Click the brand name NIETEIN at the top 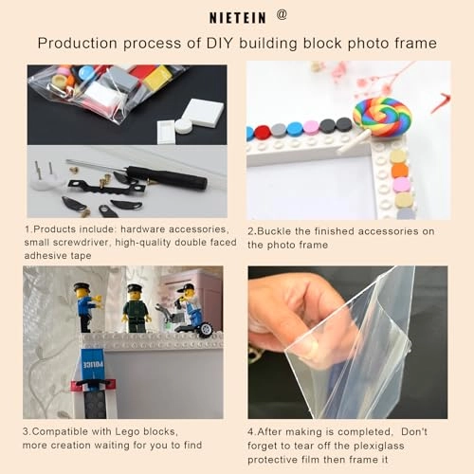[x=238, y=18]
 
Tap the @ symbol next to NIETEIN [x=282, y=14]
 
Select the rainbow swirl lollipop [x=382, y=117]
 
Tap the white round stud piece [x=184, y=126]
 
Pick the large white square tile [x=202, y=112]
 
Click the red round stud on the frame [x=263, y=133]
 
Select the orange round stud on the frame [x=400, y=171]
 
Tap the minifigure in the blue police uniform [x=87, y=307]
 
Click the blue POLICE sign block [x=92, y=365]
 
